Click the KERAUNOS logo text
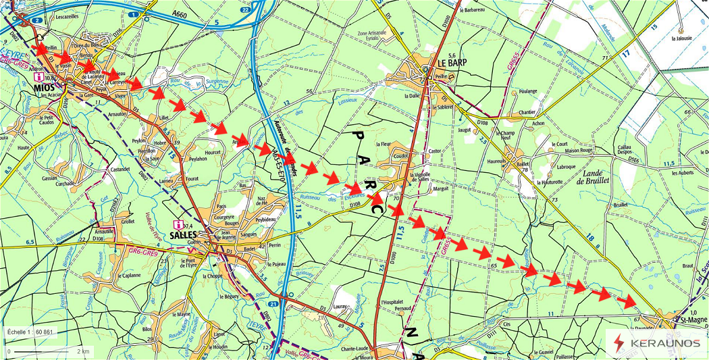point(664,343)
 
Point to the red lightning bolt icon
point(619,343)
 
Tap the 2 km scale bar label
point(83,351)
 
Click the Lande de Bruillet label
point(592,176)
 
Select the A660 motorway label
point(179,14)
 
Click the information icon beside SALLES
point(177,225)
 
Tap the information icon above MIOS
point(40,78)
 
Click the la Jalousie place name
point(683,38)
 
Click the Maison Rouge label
point(577,150)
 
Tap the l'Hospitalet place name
point(396,301)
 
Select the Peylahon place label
point(198,159)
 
